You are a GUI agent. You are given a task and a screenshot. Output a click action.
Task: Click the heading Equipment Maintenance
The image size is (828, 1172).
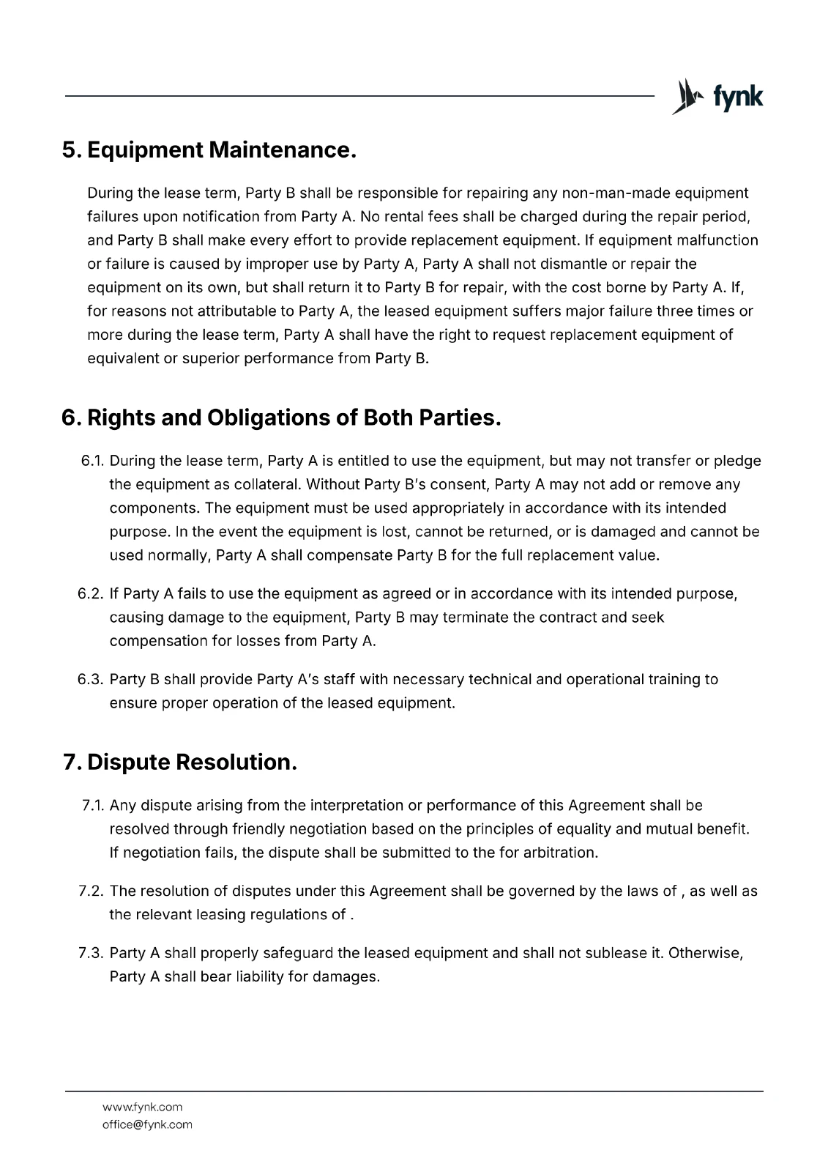pos(209,150)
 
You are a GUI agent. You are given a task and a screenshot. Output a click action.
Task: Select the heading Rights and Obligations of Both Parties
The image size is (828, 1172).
pos(282,418)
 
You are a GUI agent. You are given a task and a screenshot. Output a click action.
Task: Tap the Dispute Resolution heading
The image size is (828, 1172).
pos(180,762)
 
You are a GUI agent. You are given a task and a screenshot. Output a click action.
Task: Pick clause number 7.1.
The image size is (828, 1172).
pos(93,805)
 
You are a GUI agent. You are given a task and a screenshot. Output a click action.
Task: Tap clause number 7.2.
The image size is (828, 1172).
pos(92,891)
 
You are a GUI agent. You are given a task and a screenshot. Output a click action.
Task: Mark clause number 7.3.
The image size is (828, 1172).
pos(92,953)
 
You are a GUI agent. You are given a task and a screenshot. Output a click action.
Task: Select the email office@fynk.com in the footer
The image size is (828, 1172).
pos(147,1124)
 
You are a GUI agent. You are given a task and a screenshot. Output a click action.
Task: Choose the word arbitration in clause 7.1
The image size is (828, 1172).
pos(560,853)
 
